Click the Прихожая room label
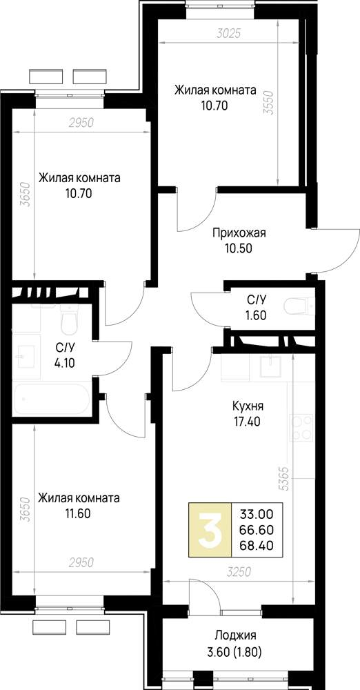click(239, 233)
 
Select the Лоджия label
click(235, 636)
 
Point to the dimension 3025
click(229, 34)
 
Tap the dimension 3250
click(239, 572)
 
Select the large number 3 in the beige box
click(210, 530)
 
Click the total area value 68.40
click(257, 546)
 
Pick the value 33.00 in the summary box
click(257, 513)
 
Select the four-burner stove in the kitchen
click(301, 428)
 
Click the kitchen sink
click(270, 366)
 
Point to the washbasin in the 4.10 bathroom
click(25, 357)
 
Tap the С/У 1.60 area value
click(257, 315)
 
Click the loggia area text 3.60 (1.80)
click(235, 652)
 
